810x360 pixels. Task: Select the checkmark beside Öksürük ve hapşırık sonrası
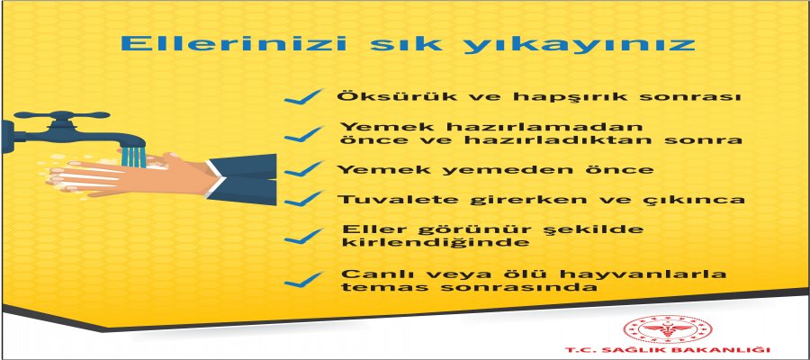click(303, 96)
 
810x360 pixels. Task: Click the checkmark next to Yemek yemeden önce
click(303, 169)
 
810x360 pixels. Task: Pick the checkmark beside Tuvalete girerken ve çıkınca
click(303, 199)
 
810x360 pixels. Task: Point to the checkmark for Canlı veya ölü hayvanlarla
click(303, 279)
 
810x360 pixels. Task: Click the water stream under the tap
click(133, 157)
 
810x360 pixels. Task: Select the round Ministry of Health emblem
click(668, 329)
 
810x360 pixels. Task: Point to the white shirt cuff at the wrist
click(216, 177)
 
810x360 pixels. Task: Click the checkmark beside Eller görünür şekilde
click(303, 236)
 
